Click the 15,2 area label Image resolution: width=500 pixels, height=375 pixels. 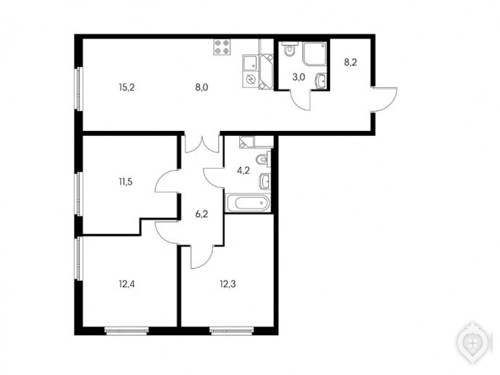point(127,87)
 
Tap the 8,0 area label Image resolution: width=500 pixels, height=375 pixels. point(202,87)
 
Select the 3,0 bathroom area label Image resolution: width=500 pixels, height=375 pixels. point(299,77)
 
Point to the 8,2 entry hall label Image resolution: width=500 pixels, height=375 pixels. point(350,62)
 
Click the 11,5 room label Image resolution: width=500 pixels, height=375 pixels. point(126,182)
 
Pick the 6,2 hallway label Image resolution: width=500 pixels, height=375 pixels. point(202,214)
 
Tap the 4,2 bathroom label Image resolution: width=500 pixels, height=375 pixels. point(243,171)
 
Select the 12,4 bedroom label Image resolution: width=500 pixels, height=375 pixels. point(127,284)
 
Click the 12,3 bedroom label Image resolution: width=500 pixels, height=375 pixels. point(228,284)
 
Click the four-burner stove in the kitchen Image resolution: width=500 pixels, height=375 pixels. point(222,47)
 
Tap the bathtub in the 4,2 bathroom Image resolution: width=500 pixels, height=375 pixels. point(248,203)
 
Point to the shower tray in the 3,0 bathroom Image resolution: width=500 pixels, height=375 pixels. point(315,54)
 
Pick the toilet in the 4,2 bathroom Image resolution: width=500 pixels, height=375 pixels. point(264,158)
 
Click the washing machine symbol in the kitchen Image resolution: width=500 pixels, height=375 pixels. point(251,79)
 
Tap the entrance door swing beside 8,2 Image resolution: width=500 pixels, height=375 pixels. point(385,99)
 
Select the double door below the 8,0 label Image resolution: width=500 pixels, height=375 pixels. point(202,143)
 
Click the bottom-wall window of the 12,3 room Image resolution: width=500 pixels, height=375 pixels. point(232,331)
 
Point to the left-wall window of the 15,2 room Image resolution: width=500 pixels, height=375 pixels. point(78,89)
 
